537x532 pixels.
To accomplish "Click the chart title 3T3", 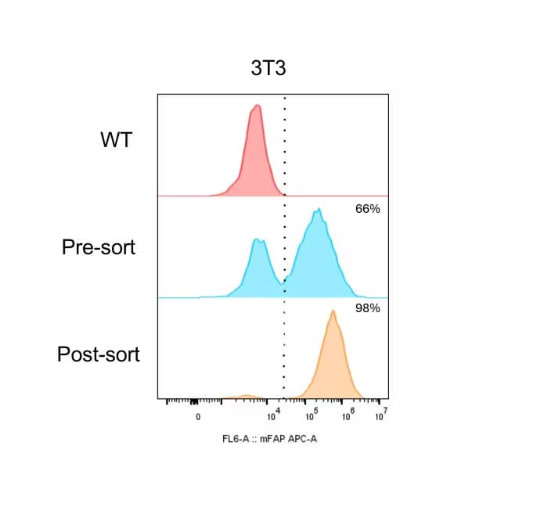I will coord(268,68).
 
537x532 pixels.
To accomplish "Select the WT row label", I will coord(117,141).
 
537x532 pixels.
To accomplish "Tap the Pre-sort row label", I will coord(99,247).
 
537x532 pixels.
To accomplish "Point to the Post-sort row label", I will coord(99,354).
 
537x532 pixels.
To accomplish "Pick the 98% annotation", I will coord(367,308).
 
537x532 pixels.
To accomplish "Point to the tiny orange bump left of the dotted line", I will coord(246,396).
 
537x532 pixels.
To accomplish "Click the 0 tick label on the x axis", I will coord(198,417).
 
